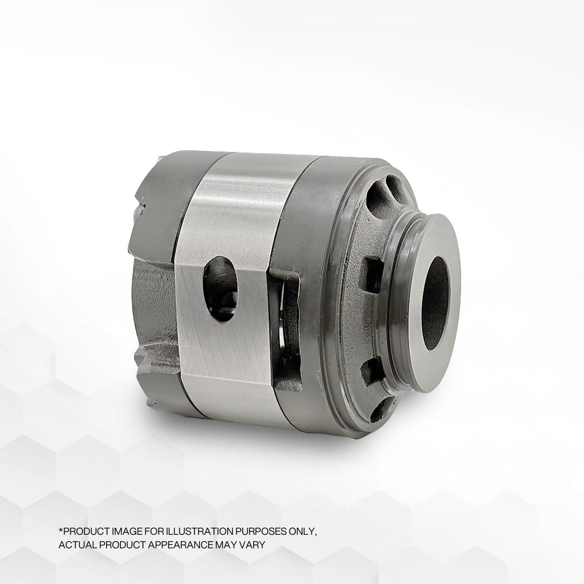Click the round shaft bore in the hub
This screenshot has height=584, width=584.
[435, 303]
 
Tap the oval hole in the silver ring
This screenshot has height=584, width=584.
[221, 289]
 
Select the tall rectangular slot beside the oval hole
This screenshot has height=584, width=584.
[286, 330]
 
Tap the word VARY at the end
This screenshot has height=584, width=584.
[254, 545]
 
